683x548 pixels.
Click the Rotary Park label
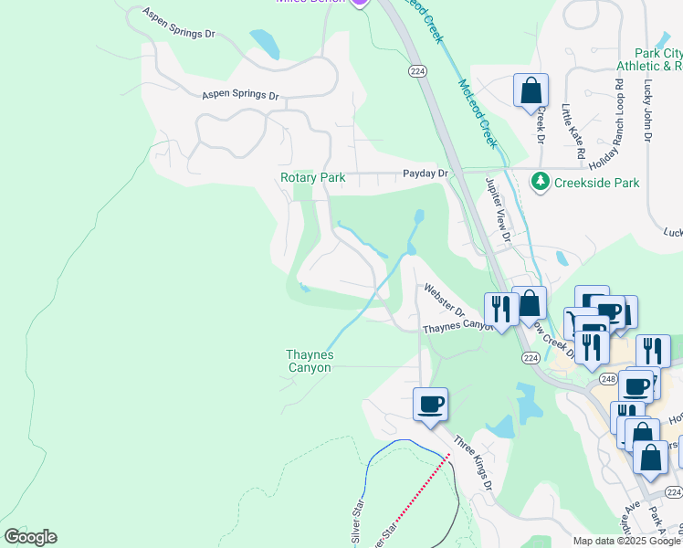point(312,177)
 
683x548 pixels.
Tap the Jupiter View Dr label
point(499,209)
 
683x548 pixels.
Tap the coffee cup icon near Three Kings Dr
point(431,403)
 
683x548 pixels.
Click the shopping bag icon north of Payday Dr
point(531,90)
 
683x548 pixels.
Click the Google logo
point(30,537)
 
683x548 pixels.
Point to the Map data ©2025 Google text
point(625,541)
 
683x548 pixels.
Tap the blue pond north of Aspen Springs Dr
point(265,44)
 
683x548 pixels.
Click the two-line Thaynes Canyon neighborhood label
point(310,361)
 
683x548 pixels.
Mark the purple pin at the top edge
point(360,3)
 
